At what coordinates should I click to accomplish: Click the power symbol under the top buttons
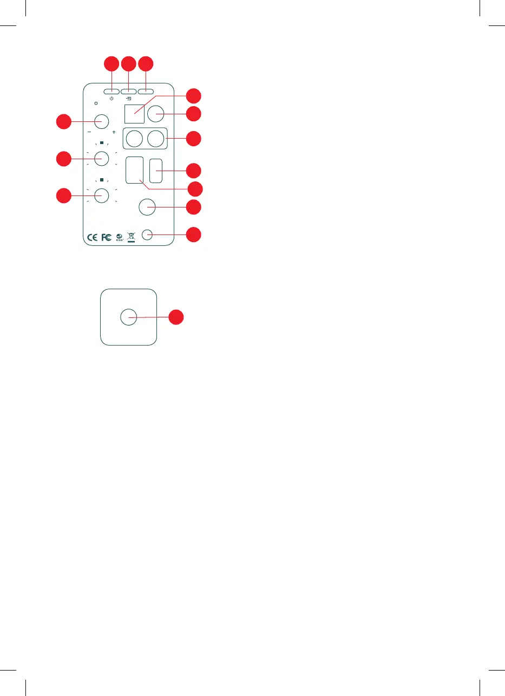[112, 99]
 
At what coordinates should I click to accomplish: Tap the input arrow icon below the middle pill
[128, 99]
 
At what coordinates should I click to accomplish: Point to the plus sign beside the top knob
[114, 132]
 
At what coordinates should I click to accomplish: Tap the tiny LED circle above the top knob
[96, 103]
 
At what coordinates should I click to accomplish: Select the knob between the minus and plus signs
[102, 121]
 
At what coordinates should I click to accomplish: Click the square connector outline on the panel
[134, 113]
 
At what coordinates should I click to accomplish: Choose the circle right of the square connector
[156, 114]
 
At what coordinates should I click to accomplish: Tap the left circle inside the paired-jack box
[134, 139]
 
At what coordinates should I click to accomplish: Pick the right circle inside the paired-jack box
[156, 139]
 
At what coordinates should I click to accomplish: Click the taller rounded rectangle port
[135, 170]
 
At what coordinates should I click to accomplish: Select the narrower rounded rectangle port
[156, 170]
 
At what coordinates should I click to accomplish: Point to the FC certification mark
[107, 237]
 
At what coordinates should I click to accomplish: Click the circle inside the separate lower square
[128, 317]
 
